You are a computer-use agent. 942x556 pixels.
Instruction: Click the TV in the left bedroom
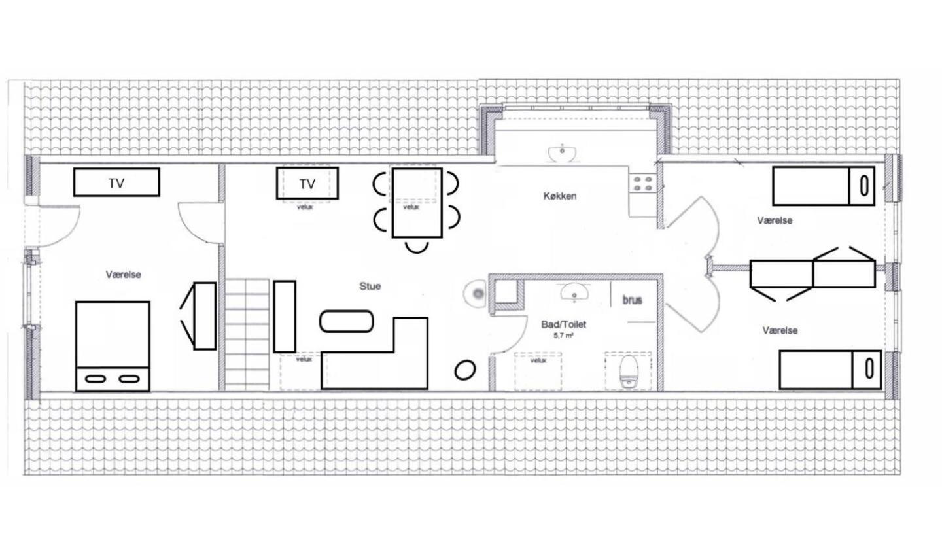coord(116,182)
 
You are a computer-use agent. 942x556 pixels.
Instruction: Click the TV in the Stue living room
coord(307,183)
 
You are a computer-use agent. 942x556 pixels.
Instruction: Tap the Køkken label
coord(560,196)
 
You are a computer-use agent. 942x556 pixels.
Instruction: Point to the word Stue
coord(370,286)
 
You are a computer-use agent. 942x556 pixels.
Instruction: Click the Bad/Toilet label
coord(563,324)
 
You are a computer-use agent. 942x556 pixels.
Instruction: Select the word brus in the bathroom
coord(633,300)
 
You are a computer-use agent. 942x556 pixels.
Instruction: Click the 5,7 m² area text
coord(563,336)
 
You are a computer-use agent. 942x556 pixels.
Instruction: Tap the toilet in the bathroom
coord(629,371)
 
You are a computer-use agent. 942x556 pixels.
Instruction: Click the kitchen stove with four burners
coord(642,184)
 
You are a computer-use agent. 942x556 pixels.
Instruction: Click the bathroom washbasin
coord(575,292)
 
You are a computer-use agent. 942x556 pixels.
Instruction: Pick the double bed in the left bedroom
coord(113,346)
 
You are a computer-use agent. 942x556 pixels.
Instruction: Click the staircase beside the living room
coord(247,335)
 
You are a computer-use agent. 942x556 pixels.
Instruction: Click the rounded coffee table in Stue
coord(347,322)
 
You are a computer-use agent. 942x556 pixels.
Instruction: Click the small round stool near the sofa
coord(464,370)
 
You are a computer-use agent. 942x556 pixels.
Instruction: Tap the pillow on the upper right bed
coord(862,186)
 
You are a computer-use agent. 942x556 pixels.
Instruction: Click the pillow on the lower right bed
coord(866,370)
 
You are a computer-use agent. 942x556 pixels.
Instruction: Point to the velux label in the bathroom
coord(538,360)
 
